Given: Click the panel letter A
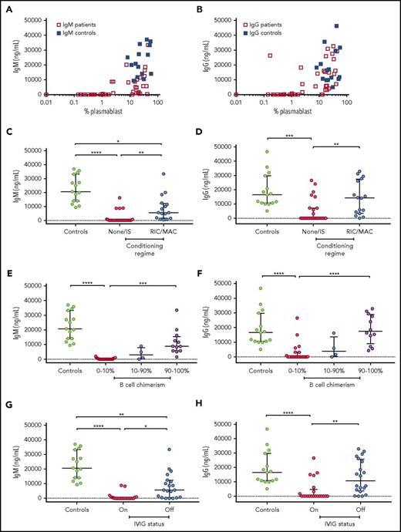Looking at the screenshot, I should pos(6,6).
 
